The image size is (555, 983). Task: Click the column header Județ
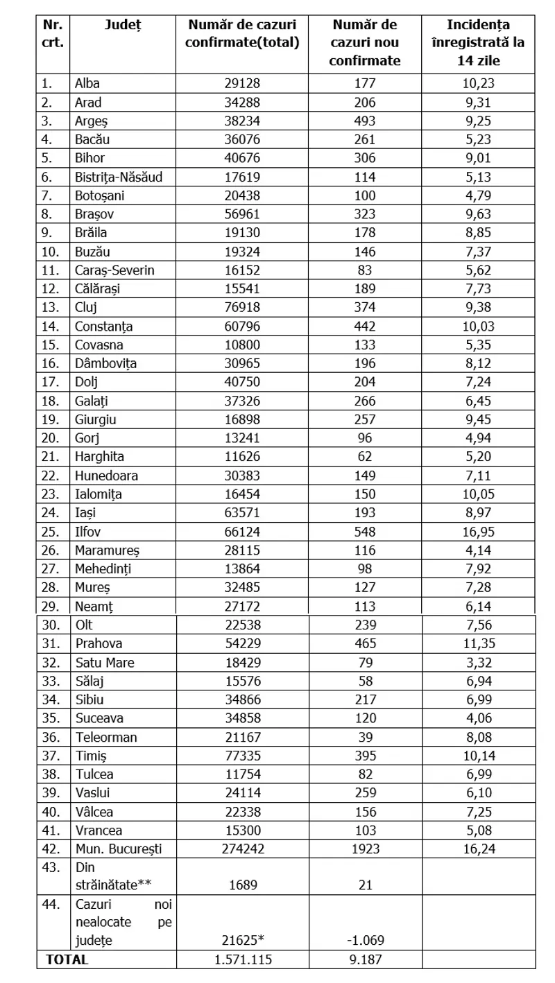click(122, 25)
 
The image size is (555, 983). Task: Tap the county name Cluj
click(85, 307)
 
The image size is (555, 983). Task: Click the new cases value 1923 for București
click(365, 849)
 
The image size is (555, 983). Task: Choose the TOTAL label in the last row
click(67, 960)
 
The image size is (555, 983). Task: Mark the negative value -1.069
click(365, 941)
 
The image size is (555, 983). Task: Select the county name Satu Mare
click(104, 663)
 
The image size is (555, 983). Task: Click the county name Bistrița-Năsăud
click(119, 177)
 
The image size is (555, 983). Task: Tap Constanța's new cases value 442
click(365, 326)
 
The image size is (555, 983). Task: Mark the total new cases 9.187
click(365, 960)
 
